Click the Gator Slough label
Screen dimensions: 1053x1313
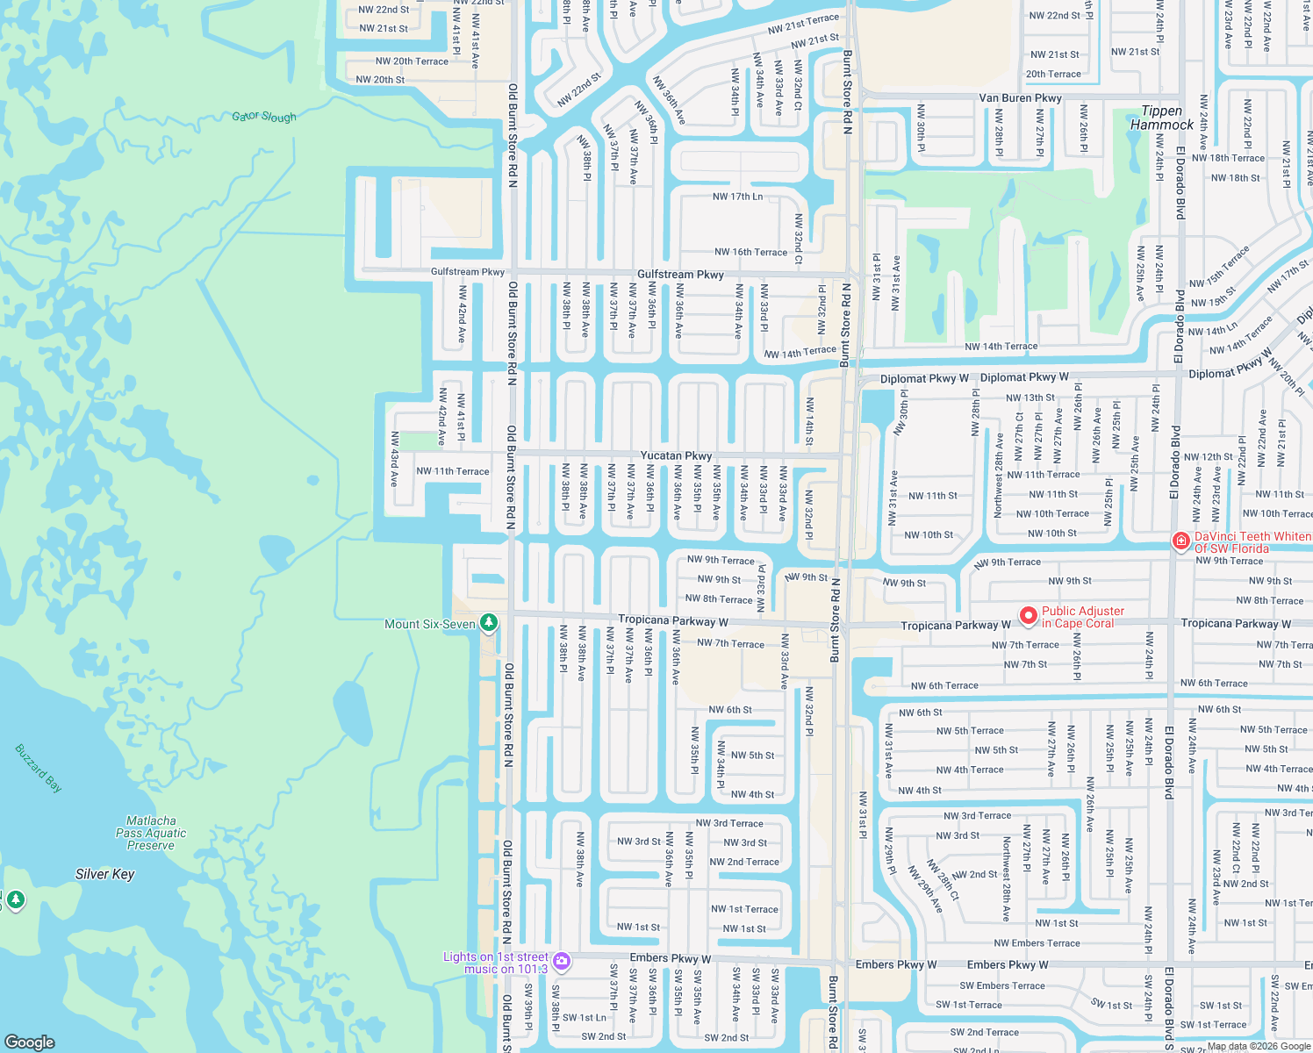pyautogui.click(x=264, y=117)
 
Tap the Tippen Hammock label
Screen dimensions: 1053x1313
pyautogui.click(x=1161, y=118)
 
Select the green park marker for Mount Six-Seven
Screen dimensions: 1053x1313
pyautogui.click(x=489, y=623)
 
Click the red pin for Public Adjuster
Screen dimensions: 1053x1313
pyautogui.click(x=1028, y=616)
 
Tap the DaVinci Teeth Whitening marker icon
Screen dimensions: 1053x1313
pyautogui.click(x=1180, y=541)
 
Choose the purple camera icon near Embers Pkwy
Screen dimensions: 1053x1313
pyautogui.click(x=562, y=962)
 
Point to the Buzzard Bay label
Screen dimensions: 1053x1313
pyautogui.click(x=39, y=768)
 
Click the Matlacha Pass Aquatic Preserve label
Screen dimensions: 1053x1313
pyautogui.click(x=151, y=833)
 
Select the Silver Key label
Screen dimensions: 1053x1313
pyautogui.click(x=105, y=874)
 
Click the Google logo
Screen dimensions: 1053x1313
pyautogui.click(x=29, y=1042)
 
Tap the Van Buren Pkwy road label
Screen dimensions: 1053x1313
pyautogui.click(x=1020, y=98)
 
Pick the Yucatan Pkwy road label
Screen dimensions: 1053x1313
pyautogui.click(x=676, y=455)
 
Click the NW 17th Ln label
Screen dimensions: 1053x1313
pyautogui.click(x=737, y=197)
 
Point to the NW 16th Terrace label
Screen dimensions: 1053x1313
pyautogui.click(x=750, y=252)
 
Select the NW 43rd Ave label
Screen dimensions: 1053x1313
pyautogui.click(x=395, y=458)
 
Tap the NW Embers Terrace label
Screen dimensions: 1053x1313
pyautogui.click(x=1037, y=943)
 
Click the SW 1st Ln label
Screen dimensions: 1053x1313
pyautogui.click(x=585, y=1018)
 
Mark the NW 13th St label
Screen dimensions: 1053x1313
pyautogui.click(x=1030, y=398)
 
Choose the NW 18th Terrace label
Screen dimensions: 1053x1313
pyautogui.click(x=1228, y=158)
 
